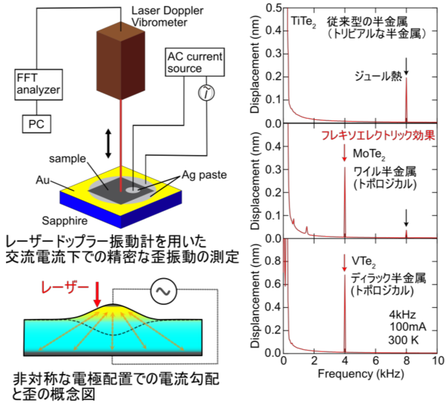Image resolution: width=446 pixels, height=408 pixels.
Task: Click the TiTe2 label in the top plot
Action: pyautogui.click(x=302, y=20)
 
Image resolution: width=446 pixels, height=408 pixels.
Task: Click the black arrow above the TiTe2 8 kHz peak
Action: pyautogui.click(x=407, y=67)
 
